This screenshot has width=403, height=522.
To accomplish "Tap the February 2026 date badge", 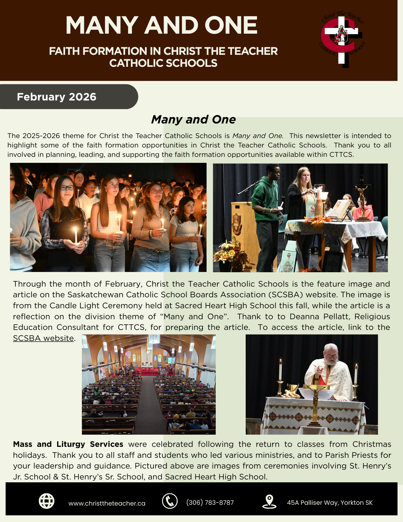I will pyautogui.click(x=57, y=97).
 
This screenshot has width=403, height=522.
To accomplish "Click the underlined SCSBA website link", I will pyautogui.click(x=43, y=338).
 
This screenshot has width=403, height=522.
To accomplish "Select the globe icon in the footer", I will pyautogui.click(x=46, y=501).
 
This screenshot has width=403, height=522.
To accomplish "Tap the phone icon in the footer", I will pyautogui.click(x=170, y=501).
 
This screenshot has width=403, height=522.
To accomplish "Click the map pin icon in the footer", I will pyautogui.click(x=269, y=501).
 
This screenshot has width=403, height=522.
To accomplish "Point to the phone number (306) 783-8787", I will pyautogui.click(x=210, y=503).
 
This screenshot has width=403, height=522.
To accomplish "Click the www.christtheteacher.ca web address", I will pyautogui.click(x=107, y=503).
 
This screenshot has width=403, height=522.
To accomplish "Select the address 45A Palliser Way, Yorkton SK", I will pyautogui.click(x=330, y=503).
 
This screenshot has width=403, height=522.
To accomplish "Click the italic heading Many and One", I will pyautogui.click(x=193, y=120).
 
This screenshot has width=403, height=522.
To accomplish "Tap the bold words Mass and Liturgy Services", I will pyautogui.click(x=68, y=444).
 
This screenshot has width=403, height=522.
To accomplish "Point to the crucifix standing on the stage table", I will pyautogui.click(x=362, y=198).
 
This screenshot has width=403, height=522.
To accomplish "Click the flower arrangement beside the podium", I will pyautogui.click(x=229, y=252).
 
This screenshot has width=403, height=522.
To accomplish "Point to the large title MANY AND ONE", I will pyautogui.click(x=161, y=25).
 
